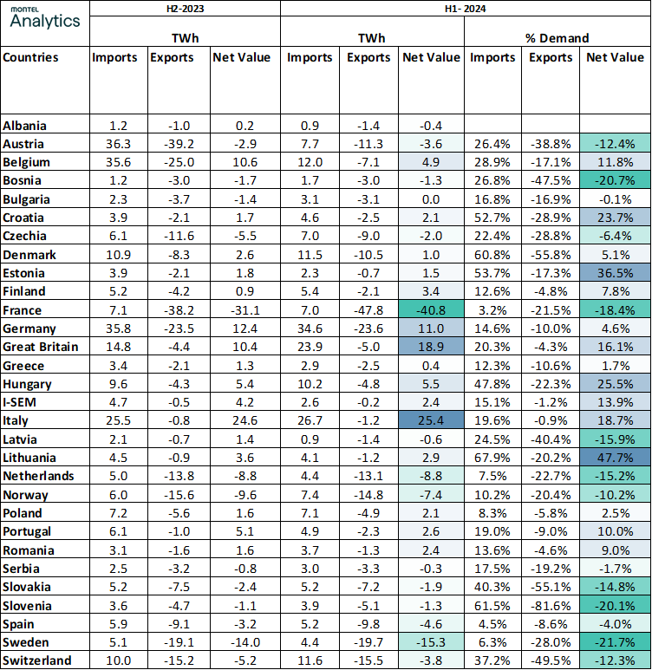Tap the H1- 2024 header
[x=464, y=9]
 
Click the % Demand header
[x=557, y=38]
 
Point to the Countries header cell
[x=31, y=58]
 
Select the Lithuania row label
[x=29, y=457]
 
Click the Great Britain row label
[x=40, y=347]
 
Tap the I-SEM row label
[x=21, y=401]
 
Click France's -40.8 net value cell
[x=432, y=309]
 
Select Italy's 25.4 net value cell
[x=432, y=420]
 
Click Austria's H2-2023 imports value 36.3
[x=114, y=144]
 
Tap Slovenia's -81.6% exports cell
[x=550, y=605]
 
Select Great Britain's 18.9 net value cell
[x=432, y=347]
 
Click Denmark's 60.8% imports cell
[x=492, y=255]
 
